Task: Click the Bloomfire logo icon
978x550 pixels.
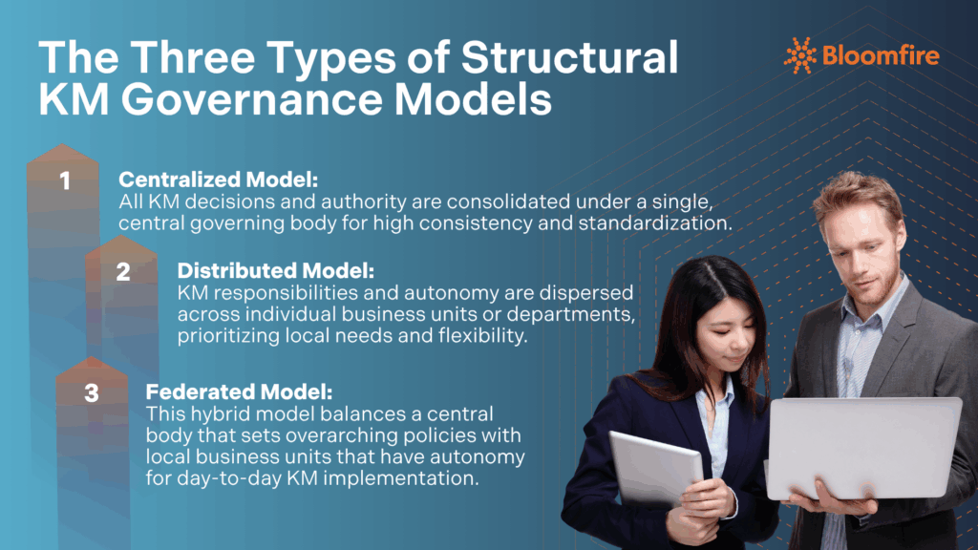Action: (x=799, y=55)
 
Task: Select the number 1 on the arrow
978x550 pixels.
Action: (x=65, y=180)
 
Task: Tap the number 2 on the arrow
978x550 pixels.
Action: (x=123, y=271)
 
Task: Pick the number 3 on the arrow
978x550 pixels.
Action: (x=92, y=392)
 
